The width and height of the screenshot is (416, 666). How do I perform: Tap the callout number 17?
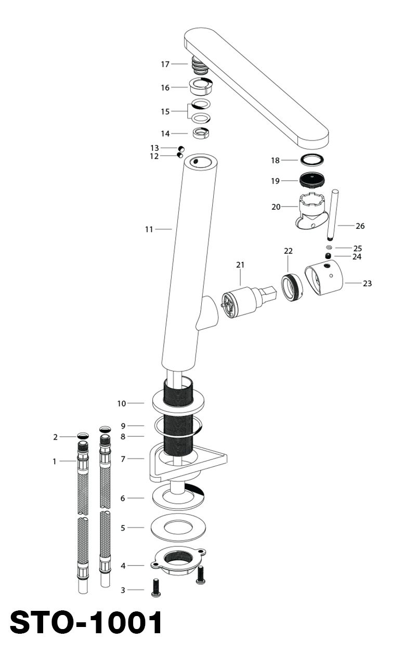pyautogui.click(x=165, y=64)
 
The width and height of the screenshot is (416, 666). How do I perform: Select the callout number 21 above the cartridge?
pyautogui.click(x=240, y=265)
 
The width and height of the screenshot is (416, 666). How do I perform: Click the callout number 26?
pyautogui.click(x=360, y=226)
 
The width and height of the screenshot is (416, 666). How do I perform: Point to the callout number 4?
pyautogui.click(x=123, y=566)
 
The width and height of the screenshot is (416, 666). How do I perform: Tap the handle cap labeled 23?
pyautogui.click(x=324, y=277)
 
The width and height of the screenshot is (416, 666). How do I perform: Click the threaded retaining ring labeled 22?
pyautogui.click(x=292, y=288)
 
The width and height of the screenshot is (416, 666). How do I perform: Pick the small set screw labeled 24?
pyautogui.click(x=328, y=255)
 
